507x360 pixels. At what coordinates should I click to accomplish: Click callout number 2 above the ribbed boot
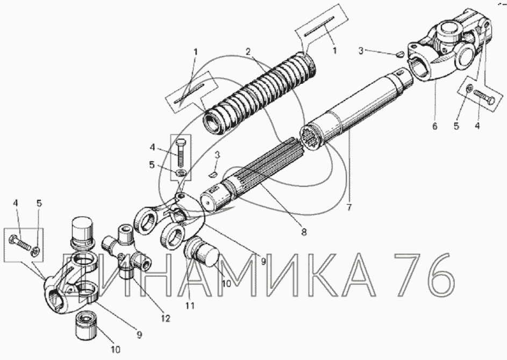click(248, 52)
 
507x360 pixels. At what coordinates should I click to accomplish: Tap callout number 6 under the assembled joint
click(434, 126)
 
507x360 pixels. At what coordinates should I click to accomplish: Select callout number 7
click(348, 207)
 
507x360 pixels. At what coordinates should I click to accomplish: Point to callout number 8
click(303, 232)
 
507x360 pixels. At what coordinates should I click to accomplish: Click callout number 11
click(190, 305)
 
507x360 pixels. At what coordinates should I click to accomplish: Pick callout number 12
click(166, 318)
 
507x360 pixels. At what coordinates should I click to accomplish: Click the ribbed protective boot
click(260, 92)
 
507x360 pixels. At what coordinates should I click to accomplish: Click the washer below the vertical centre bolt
click(181, 173)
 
